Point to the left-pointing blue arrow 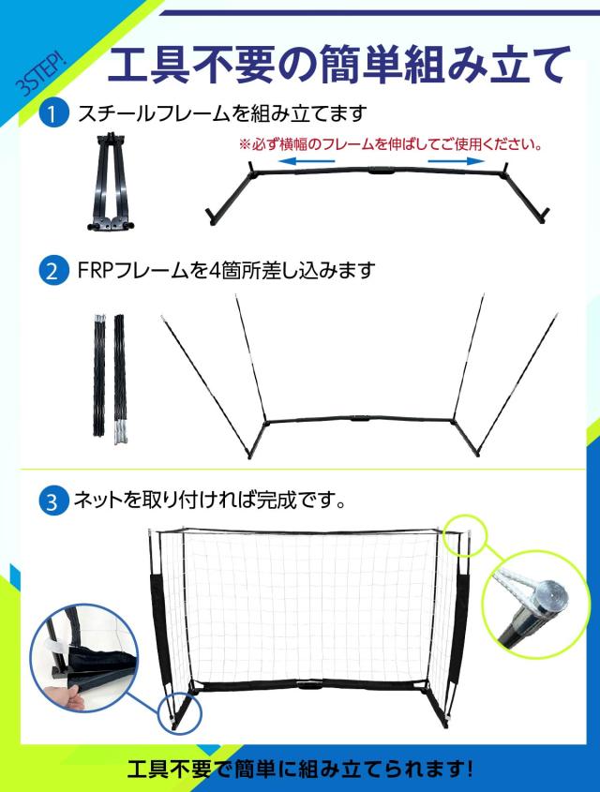[308, 162]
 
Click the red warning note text [389, 145]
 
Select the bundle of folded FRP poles [107, 375]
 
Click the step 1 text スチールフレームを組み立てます [221, 114]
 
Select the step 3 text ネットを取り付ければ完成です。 [211, 500]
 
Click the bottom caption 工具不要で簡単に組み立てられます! [300, 770]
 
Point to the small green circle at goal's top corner [466, 535]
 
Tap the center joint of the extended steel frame [379, 172]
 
